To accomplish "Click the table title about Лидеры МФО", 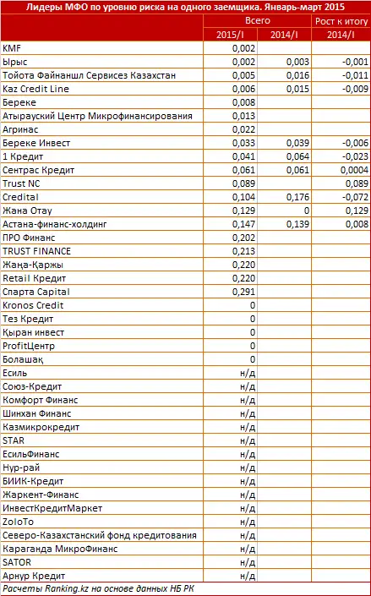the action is [x=185, y=6].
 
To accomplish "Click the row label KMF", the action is [x=13, y=48].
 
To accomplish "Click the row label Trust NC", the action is [x=23, y=183].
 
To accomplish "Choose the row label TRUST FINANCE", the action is [x=36, y=251].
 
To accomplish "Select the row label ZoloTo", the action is [x=19, y=522].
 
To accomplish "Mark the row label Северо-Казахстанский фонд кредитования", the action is [x=100, y=535].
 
